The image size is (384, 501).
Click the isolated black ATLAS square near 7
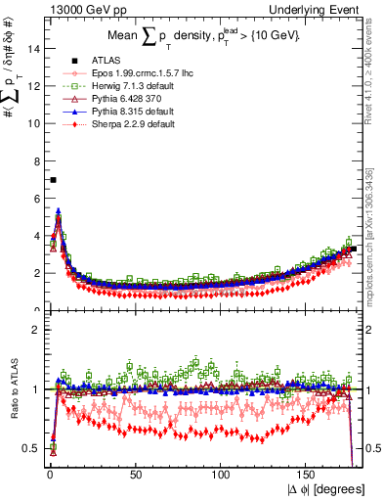(x=53, y=180)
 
